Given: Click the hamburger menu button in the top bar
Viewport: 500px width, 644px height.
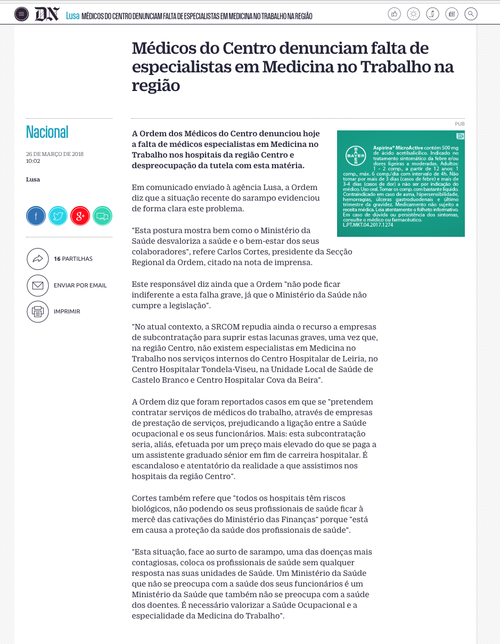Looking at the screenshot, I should (x=21, y=14).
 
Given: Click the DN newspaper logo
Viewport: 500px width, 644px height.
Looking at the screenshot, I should (x=47, y=14).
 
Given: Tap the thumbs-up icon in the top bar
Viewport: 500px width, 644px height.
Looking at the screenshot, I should (x=394, y=14).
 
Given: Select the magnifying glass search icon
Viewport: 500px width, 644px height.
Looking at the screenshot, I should (x=471, y=14).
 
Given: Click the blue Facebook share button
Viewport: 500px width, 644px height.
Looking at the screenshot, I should (x=36, y=216).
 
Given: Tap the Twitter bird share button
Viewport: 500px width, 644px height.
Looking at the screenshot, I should (x=58, y=216).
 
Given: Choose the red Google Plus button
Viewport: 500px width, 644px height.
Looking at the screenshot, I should (x=80, y=216).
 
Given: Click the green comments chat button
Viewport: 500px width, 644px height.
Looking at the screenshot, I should (x=102, y=216).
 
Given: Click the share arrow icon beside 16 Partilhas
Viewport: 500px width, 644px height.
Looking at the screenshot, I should (x=37, y=259).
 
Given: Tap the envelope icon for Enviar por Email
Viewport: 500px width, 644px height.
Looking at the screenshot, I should (x=37, y=285).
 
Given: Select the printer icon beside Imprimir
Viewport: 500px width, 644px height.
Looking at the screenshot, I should (x=37, y=311).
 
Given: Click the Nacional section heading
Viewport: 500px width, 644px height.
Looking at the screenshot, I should (x=47, y=132).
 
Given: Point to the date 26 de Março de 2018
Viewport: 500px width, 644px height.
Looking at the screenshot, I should (x=55, y=154).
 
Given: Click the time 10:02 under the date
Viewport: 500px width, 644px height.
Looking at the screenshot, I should (x=33, y=161).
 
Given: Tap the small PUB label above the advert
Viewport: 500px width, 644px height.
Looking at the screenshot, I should (x=460, y=124).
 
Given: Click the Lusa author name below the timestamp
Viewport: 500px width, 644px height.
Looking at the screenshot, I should (x=33, y=179).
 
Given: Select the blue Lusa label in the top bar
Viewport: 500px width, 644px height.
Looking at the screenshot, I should (x=72, y=16).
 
